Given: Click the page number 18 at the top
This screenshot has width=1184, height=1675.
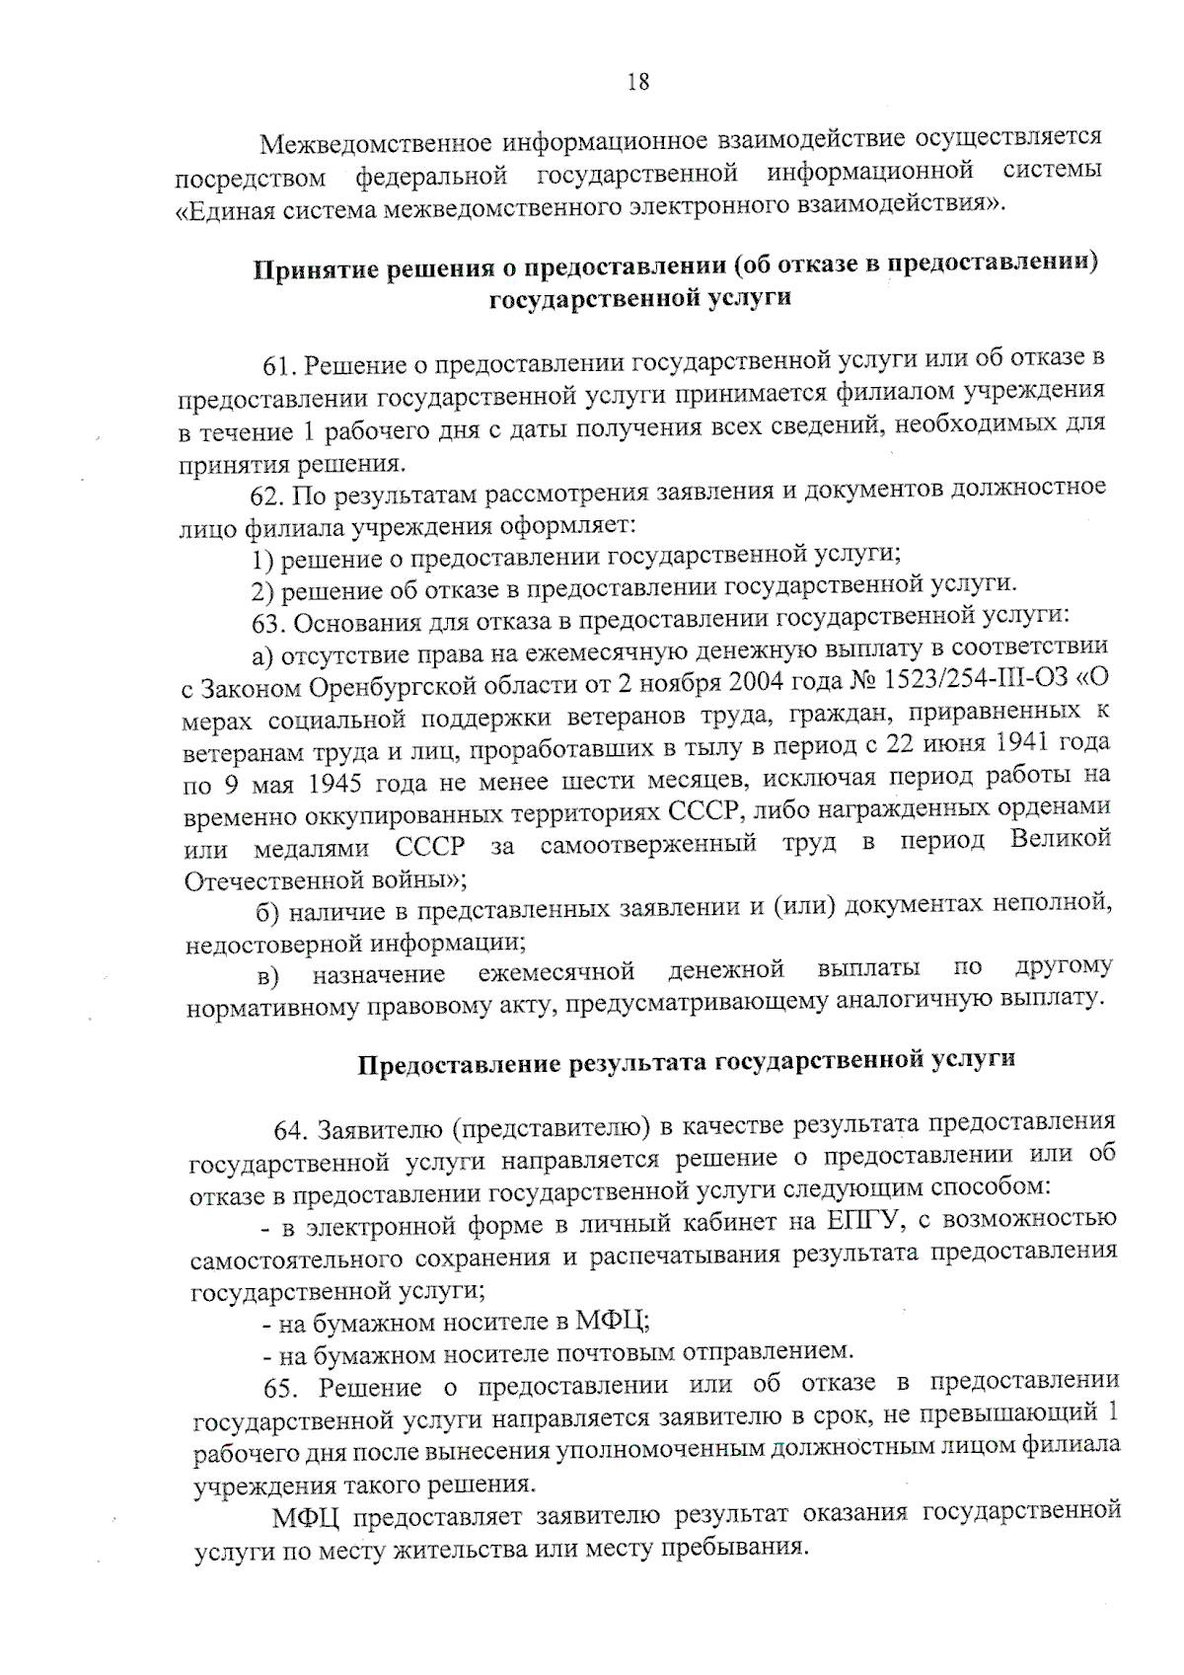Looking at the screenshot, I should [638, 83].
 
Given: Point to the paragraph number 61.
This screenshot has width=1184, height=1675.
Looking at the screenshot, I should [279, 366].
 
